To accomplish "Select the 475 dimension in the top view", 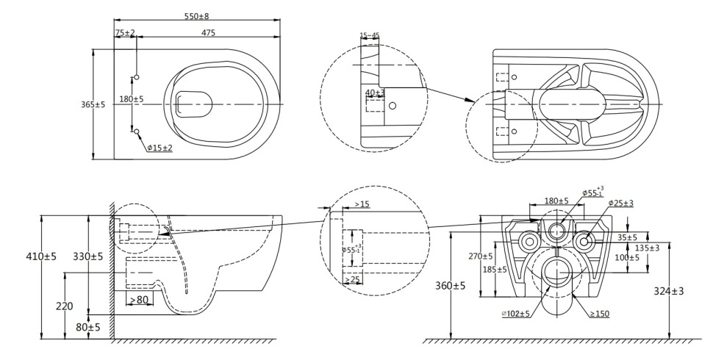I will pyautogui.click(x=209, y=32).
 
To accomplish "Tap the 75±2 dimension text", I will pyautogui.click(x=125, y=32).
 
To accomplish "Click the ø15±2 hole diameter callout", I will pyautogui.click(x=159, y=148).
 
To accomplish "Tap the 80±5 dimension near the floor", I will pyautogui.click(x=89, y=326).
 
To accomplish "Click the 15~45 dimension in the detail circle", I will pyautogui.click(x=370, y=35).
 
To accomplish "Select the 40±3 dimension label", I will pyautogui.click(x=375, y=93).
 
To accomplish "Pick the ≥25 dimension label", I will pyautogui.click(x=354, y=280).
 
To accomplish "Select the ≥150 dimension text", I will pyautogui.click(x=600, y=314).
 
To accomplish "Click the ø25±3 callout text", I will pyautogui.click(x=622, y=203).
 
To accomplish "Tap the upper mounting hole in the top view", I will pyautogui.click(x=137, y=77).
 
